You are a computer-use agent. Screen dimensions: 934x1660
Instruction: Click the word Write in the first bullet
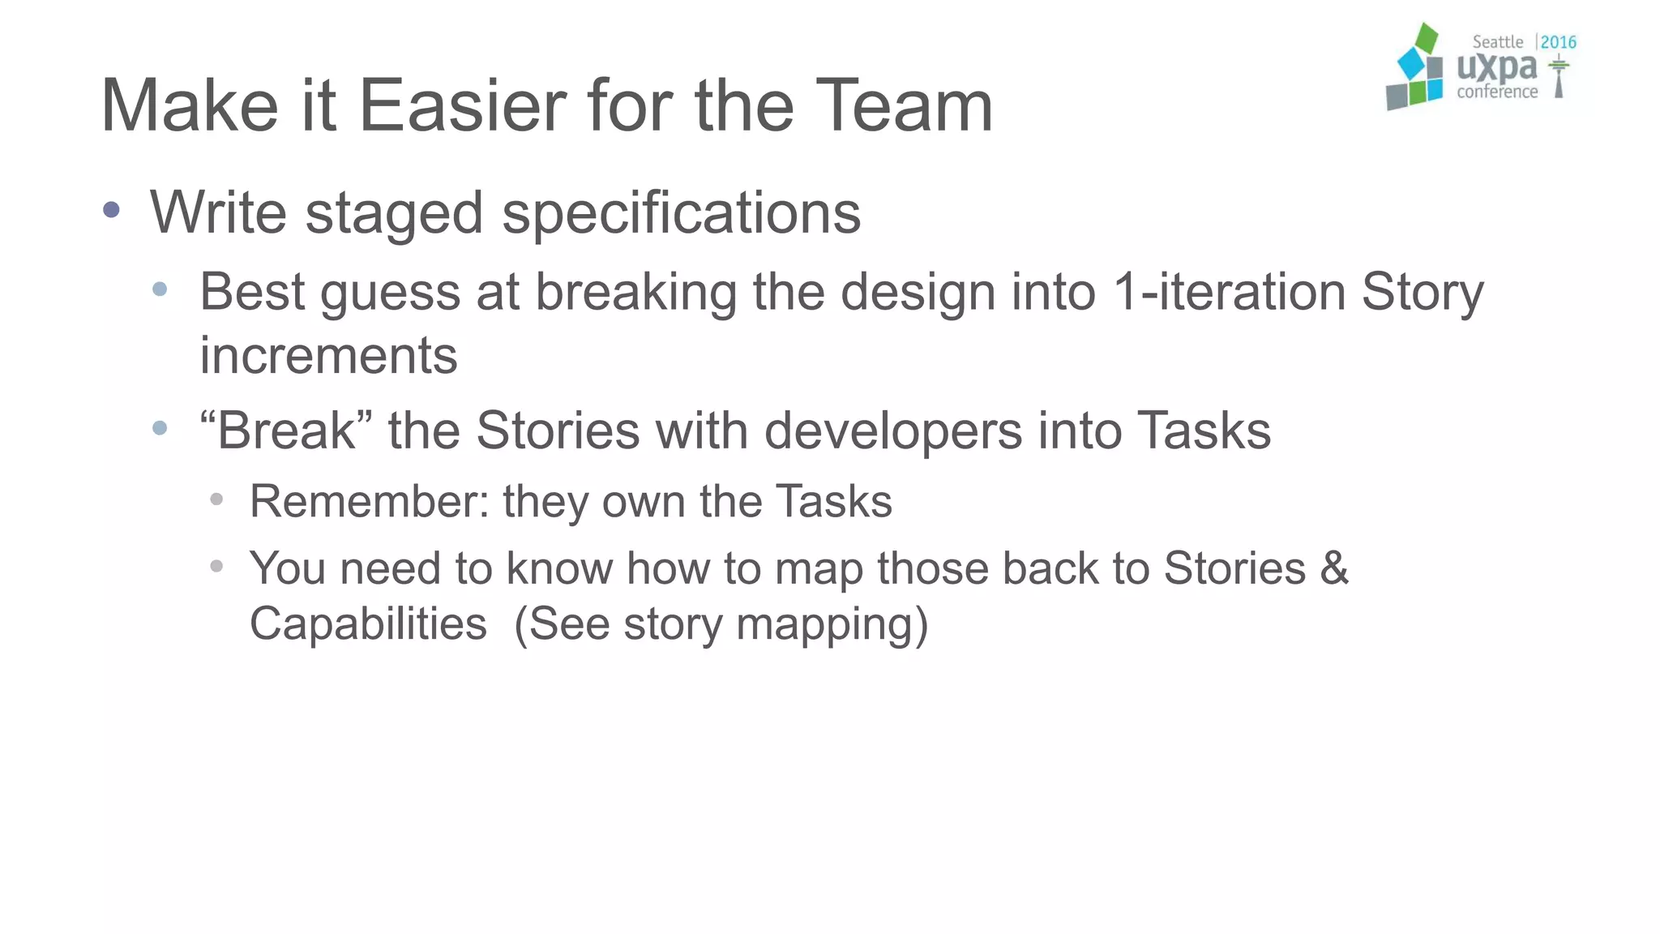219,212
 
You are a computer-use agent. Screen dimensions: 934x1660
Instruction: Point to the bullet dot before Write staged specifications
112,211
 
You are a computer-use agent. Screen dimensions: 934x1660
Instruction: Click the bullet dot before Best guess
160,289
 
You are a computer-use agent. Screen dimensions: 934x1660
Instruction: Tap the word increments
328,356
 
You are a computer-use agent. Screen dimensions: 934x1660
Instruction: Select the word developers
893,431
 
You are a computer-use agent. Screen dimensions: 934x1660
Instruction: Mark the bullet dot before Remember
216,499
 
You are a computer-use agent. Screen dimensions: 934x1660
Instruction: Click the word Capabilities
368,624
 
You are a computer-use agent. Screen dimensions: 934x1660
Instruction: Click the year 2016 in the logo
1558,42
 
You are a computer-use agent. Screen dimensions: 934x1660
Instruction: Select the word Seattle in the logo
1497,42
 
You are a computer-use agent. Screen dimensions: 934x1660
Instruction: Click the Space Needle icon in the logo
1559,78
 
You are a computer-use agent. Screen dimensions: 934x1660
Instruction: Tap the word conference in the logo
1497,92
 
